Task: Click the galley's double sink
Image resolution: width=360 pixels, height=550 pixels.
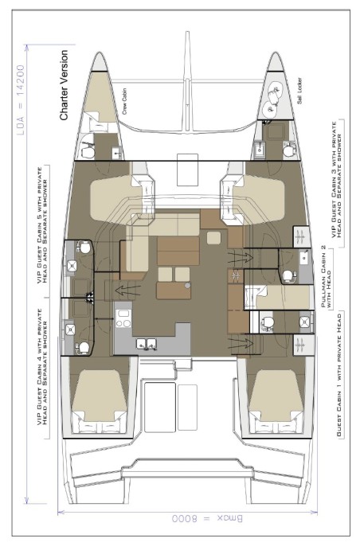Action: [x=147, y=344]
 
